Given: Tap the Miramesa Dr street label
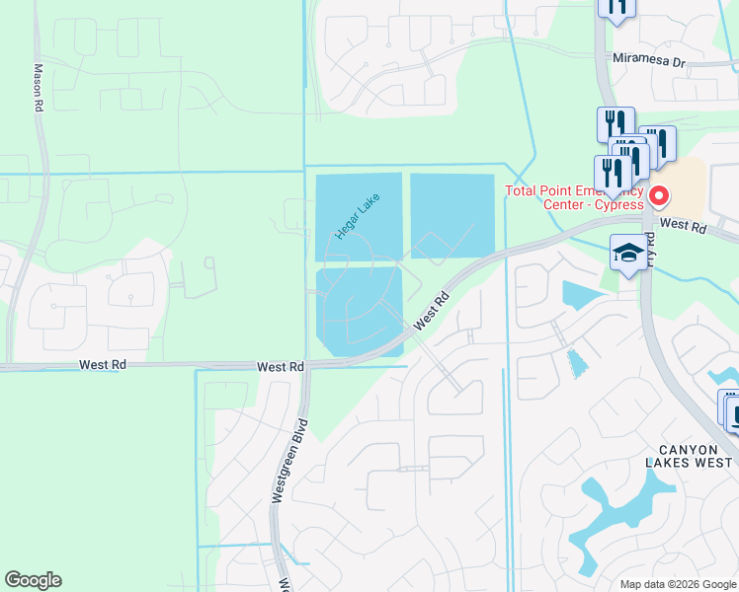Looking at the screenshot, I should pyautogui.click(x=648, y=61).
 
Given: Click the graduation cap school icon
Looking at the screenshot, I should pyautogui.click(x=628, y=252).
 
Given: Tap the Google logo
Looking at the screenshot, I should pyautogui.click(x=34, y=580).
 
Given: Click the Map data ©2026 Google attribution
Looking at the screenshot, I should pyautogui.click(x=678, y=583).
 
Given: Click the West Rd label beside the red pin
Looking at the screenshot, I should pyautogui.click(x=684, y=226).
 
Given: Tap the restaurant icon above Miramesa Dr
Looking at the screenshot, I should pyautogui.click(x=616, y=8).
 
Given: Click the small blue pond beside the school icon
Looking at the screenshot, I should pyautogui.click(x=577, y=294).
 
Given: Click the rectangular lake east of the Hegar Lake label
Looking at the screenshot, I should pyautogui.click(x=452, y=213).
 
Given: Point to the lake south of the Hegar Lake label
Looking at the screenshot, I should pyautogui.click(x=358, y=314).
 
